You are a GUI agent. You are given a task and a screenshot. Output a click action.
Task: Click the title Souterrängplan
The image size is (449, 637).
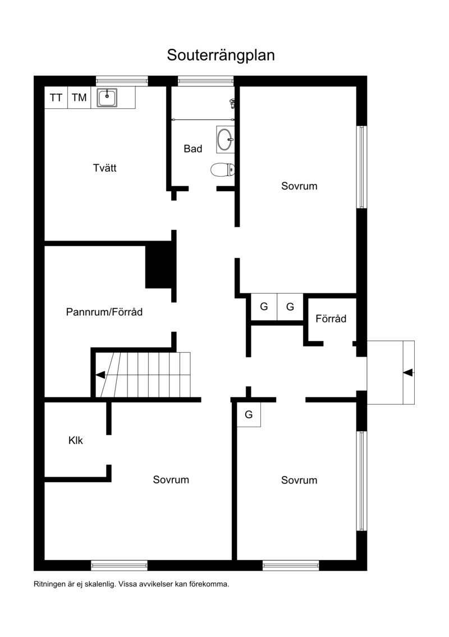(221, 56)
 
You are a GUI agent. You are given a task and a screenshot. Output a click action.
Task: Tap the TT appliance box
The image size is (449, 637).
(56, 98)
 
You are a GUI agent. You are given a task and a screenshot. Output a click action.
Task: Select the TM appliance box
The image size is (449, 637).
(79, 98)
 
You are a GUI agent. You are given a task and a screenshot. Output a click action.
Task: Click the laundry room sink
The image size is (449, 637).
(107, 98)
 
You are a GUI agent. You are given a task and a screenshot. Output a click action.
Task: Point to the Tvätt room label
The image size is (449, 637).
(104, 168)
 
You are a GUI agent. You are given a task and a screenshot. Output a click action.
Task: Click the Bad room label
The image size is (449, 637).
(193, 149)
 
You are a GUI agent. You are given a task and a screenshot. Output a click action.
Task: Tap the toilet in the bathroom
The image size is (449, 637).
(223, 169)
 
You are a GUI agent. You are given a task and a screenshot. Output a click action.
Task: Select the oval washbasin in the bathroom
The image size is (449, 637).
(225, 139)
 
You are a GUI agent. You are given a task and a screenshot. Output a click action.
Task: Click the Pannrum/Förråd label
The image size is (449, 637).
(104, 312)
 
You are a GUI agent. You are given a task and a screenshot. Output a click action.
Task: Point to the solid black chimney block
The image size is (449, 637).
(159, 265)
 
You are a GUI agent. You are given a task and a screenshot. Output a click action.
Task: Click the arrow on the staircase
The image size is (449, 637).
(100, 375)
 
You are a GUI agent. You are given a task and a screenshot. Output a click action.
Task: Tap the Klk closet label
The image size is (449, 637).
(76, 440)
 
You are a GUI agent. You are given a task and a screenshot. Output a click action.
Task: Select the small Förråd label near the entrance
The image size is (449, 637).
(331, 318)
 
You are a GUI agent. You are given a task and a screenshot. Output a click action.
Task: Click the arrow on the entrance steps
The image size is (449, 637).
(409, 372)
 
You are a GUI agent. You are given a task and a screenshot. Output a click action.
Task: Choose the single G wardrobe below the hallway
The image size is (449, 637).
(249, 415)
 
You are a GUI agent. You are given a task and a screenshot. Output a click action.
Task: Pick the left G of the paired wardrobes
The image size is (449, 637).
(264, 307)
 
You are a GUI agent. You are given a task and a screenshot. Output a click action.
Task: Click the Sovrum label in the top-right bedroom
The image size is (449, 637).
(299, 186)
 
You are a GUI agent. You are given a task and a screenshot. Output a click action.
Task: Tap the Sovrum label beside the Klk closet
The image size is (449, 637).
(171, 480)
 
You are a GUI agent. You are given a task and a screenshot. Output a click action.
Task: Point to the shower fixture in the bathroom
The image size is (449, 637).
(232, 103)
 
